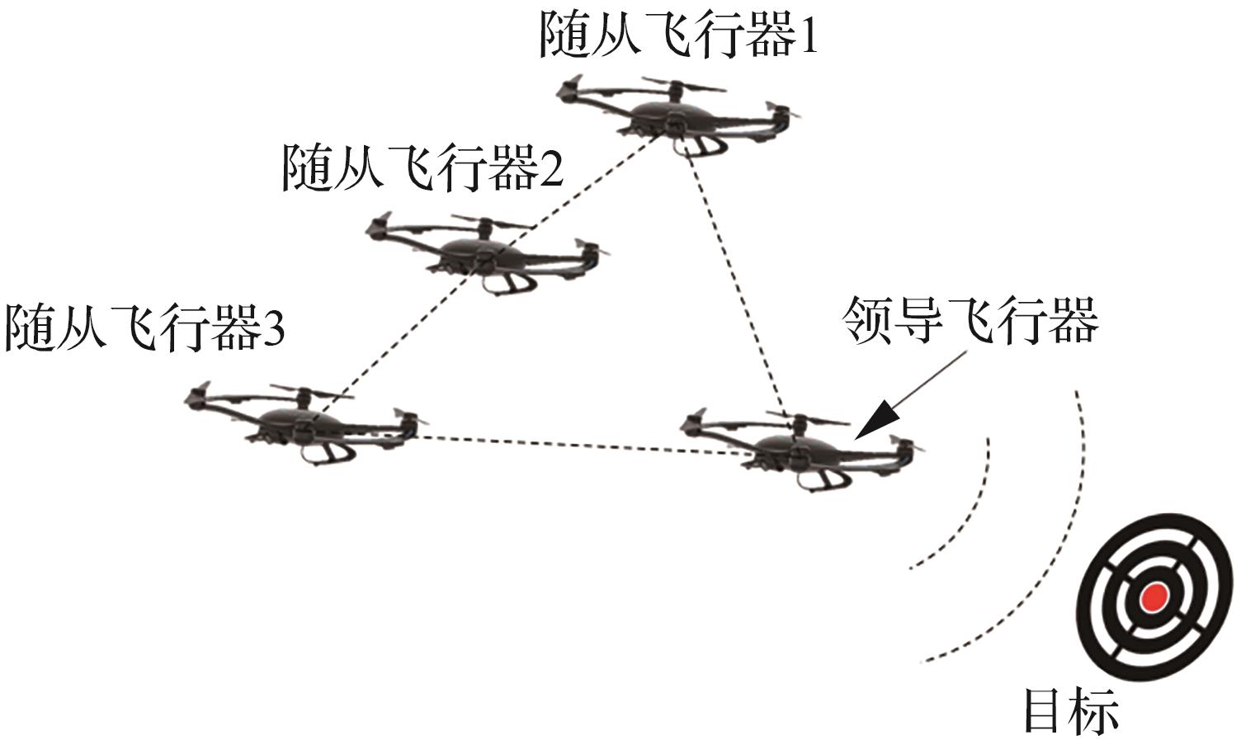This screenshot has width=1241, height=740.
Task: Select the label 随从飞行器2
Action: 422,168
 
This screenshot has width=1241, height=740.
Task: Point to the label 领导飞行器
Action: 970,320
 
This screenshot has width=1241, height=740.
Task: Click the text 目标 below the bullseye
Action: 1071,710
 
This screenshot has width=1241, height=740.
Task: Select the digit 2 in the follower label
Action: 550,169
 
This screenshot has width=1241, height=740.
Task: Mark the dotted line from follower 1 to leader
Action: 734,280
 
